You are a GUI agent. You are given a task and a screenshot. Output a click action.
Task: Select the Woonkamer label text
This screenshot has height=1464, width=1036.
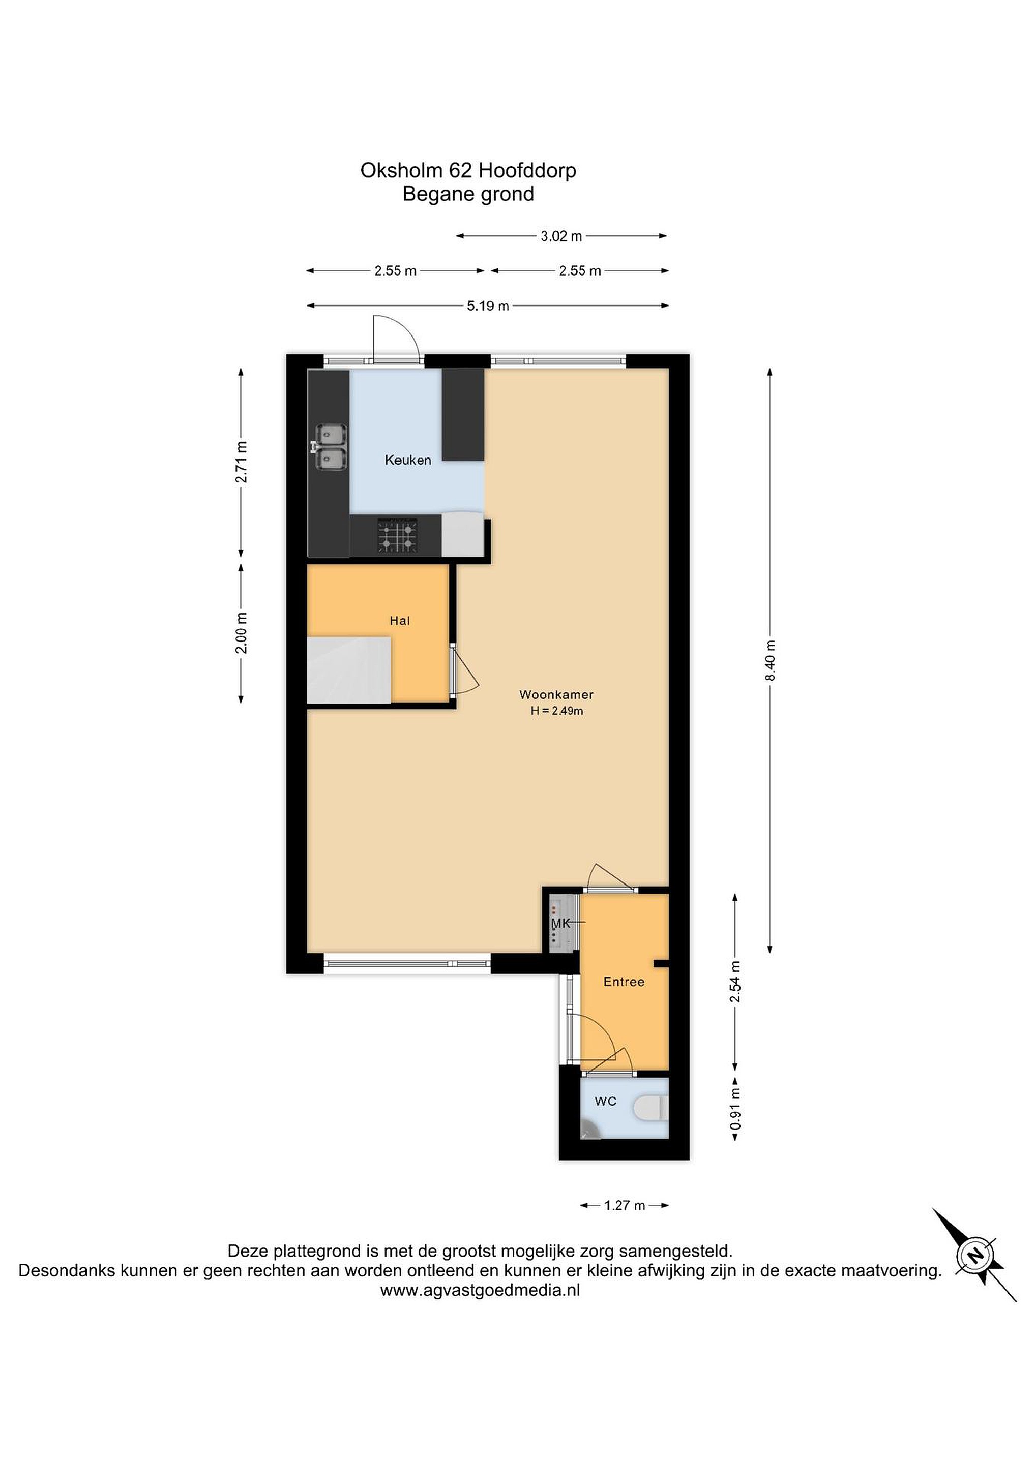pyautogui.click(x=556, y=694)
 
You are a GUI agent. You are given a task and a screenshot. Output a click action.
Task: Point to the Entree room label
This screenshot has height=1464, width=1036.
pyautogui.click(x=624, y=982)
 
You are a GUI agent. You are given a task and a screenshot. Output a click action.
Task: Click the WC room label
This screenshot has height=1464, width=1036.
pyautogui.click(x=605, y=1101)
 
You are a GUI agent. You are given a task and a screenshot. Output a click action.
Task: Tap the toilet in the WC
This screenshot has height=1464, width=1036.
pyautogui.click(x=650, y=1108)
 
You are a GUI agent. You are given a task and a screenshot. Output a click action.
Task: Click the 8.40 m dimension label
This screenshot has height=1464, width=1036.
pyautogui.click(x=770, y=661)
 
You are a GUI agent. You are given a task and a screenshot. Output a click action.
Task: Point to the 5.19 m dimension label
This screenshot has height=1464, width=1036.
pyautogui.click(x=488, y=306)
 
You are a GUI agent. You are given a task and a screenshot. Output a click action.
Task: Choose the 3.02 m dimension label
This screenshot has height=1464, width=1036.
pyautogui.click(x=561, y=236)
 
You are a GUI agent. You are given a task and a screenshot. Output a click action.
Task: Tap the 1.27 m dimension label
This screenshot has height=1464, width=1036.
pyautogui.click(x=625, y=1206)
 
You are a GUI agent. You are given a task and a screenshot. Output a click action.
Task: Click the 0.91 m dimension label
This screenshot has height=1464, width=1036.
pyautogui.click(x=735, y=1109)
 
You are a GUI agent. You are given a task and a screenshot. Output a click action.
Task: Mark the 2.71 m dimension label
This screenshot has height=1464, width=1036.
pyautogui.click(x=241, y=462)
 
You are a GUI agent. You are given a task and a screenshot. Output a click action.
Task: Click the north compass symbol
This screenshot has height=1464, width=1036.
pyautogui.click(x=975, y=1256)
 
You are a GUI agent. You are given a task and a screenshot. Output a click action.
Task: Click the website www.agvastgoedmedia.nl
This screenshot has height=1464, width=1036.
pyautogui.click(x=480, y=1291)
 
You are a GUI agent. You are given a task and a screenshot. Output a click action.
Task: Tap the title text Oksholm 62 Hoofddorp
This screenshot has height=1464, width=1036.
pyautogui.click(x=468, y=170)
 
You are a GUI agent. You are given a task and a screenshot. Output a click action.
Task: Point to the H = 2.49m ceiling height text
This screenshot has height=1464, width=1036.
pyautogui.click(x=557, y=711)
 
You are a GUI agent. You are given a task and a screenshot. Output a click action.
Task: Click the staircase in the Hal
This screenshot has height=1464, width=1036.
pyautogui.click(x=349, y=669)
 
